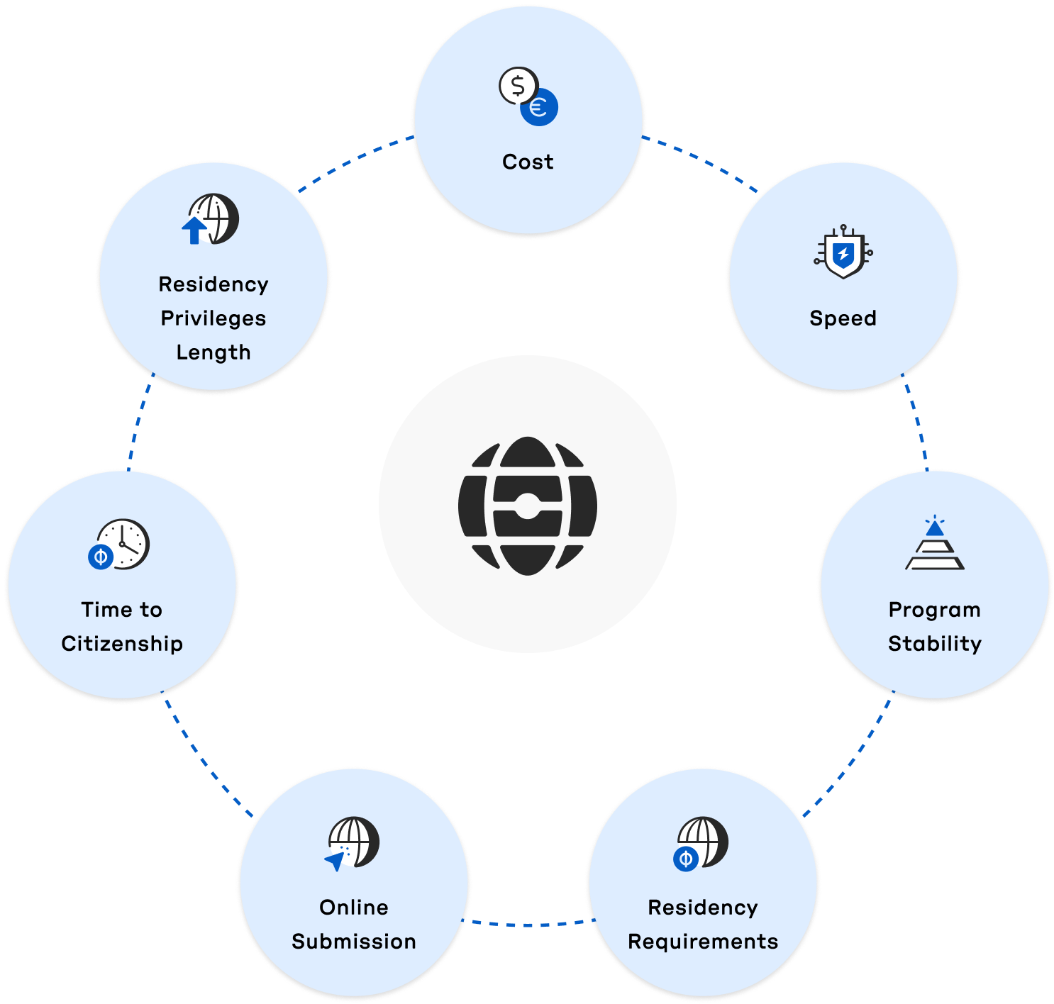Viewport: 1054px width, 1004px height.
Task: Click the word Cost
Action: [528, 162]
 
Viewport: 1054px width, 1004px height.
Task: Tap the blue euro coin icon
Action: [539, 108]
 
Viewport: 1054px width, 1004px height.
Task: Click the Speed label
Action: [843, 318]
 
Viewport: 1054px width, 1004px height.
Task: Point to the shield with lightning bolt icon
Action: [843, 253]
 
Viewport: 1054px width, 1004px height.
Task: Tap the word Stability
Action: [935, 644]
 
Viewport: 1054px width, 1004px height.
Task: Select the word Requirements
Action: [703, 942]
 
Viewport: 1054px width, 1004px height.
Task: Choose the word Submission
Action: [354, 942]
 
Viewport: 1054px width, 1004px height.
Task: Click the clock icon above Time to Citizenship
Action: [123, 544]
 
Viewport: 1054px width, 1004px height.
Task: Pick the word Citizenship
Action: [122, 644]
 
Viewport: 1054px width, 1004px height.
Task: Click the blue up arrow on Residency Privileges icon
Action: [194, 230]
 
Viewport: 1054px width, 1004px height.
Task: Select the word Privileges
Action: [213, 318]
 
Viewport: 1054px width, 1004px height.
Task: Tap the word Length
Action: [213, 352]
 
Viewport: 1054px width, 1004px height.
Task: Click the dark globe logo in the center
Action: [527, 504]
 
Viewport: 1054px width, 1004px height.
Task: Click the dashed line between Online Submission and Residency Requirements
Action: [528, 924]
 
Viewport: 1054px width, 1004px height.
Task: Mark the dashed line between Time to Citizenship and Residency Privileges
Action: [139, 423]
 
